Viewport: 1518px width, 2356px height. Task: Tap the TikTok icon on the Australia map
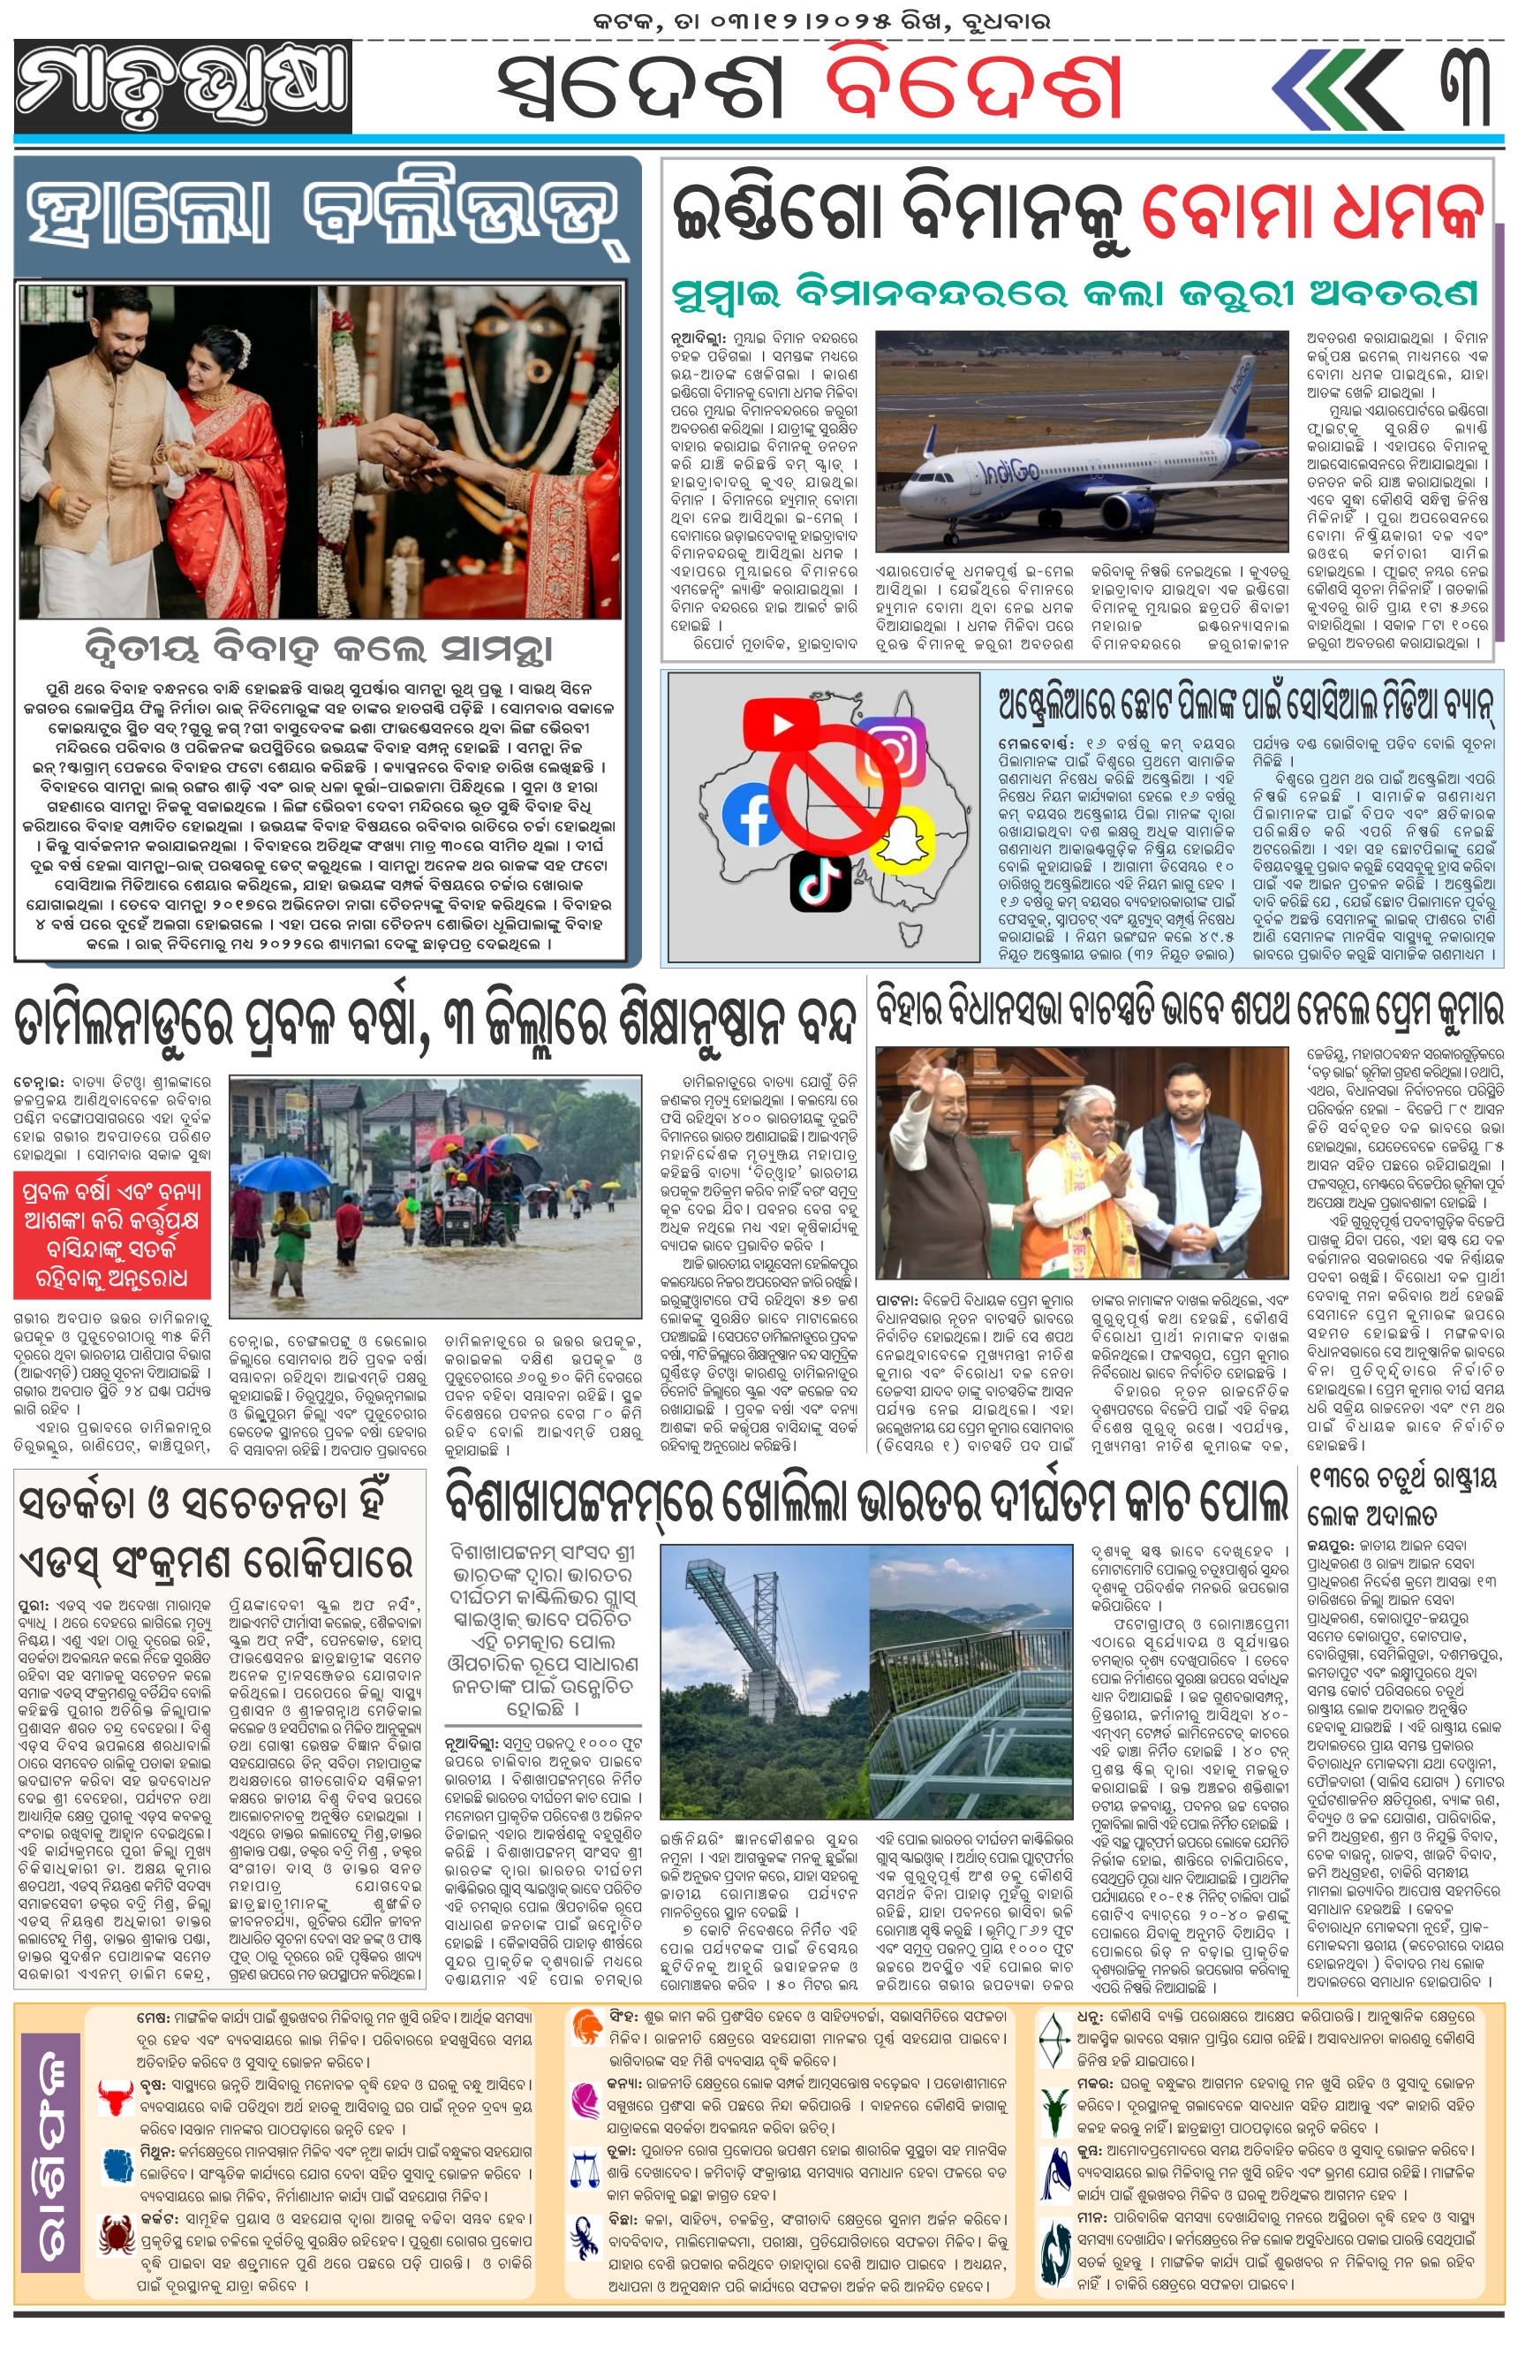(x=821, y=881)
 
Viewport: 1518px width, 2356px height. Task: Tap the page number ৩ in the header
(x=1469, y=87)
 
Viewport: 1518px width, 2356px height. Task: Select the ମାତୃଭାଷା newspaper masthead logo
(x=184, y=87)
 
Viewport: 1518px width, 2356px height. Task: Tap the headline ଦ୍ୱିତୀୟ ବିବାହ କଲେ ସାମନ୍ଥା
(x=319, y=649)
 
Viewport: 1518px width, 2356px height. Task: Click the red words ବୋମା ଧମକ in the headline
(x=1312, y=210)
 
